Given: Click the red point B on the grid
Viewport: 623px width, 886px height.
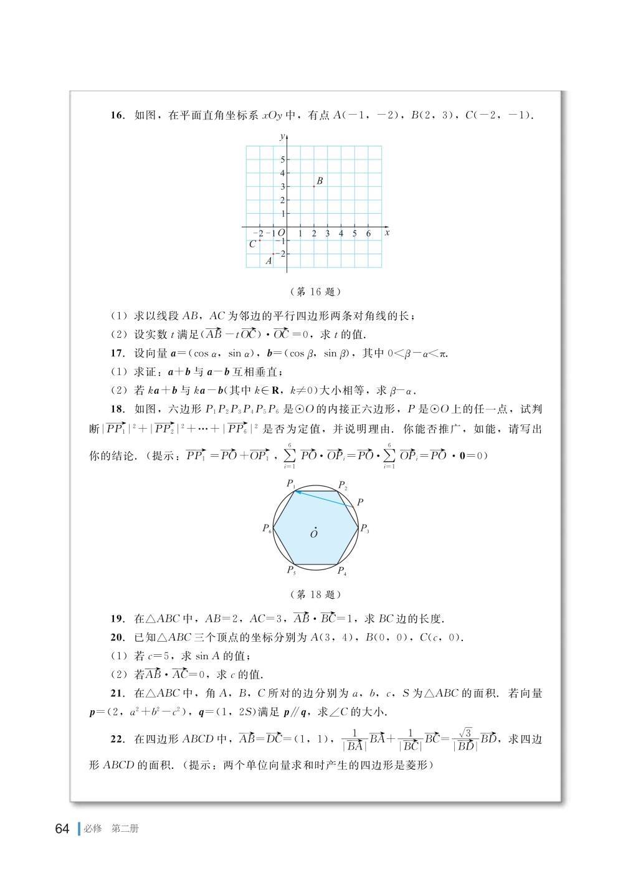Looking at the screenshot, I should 313,186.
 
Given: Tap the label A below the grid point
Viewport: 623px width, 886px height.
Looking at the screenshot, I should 269,261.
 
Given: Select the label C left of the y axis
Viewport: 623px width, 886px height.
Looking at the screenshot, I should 252,244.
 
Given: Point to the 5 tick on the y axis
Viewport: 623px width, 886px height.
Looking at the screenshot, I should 282,160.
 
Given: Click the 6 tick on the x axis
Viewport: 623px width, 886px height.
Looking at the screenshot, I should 368,234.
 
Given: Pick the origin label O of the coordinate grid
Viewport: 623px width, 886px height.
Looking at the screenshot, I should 281,233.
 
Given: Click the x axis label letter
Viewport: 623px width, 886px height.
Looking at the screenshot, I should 387,232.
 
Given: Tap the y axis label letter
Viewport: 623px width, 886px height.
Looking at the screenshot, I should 282,135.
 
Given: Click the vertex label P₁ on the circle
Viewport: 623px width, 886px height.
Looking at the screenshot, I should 291,483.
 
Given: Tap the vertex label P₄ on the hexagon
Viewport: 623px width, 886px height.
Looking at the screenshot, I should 342,571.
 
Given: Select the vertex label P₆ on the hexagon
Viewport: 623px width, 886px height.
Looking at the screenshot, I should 267,528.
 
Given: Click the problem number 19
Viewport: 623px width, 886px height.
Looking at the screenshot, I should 117,619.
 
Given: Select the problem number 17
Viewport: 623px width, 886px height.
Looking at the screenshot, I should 117,353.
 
